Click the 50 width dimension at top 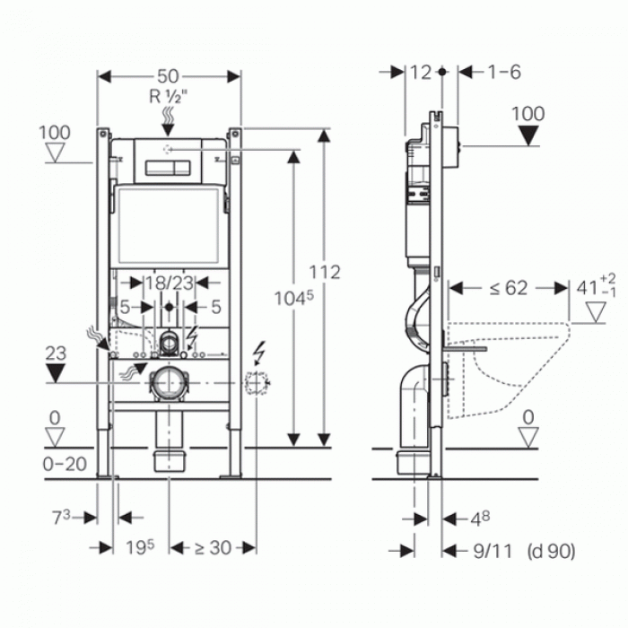168,76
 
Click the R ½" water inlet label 169,97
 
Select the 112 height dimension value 325,273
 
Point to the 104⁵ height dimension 294,298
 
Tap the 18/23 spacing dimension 169,283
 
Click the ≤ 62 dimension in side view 509,288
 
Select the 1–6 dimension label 504,73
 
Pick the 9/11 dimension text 493,551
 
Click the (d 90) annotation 552,551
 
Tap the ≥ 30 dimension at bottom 213,547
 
